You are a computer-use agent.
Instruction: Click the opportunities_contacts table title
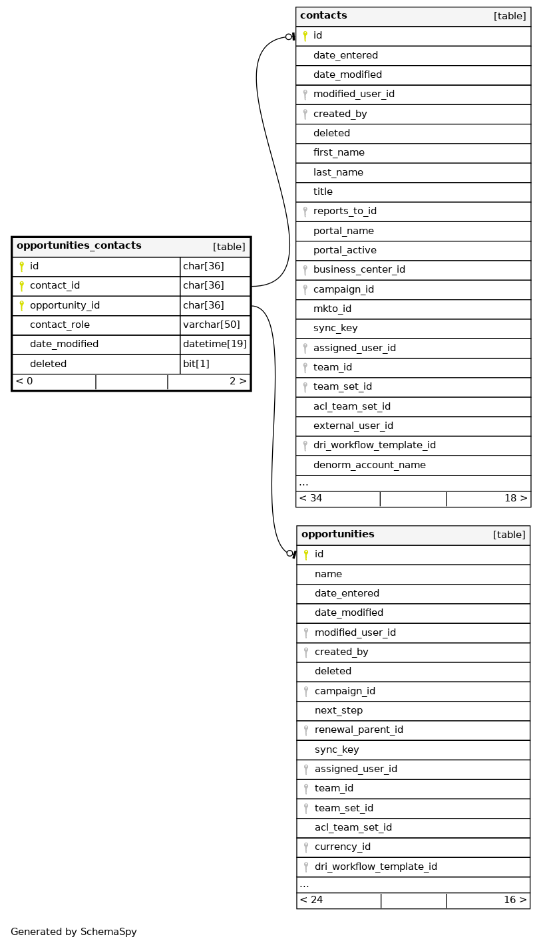point(79,246)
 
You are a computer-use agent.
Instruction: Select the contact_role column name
point(60,325)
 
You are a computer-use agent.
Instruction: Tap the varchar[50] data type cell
point(207,325)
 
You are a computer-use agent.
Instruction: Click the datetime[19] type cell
point(215,344)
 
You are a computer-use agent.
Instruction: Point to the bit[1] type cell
point(196,364)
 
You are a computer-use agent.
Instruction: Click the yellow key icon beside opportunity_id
point(21,306)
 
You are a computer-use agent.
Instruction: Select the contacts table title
point(323,16)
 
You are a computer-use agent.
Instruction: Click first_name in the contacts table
point(339,153)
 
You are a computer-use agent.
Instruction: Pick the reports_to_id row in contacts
point(345,211)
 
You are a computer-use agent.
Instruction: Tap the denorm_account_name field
point(369,466)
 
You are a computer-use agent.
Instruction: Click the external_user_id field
point(353,426)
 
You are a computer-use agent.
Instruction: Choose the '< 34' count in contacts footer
point(311,499)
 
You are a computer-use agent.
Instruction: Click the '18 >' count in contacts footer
point(516,499)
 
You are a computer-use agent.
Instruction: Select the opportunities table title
point(337,535)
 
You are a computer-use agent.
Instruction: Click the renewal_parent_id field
point(359,730)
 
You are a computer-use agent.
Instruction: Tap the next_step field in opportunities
point(339,711)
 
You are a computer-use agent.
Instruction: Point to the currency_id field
point(343,847)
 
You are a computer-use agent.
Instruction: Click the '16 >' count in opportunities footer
point(515,900)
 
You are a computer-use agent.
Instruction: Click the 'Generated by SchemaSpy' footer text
point(74,932)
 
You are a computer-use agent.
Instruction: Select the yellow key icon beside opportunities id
point(306,555)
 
